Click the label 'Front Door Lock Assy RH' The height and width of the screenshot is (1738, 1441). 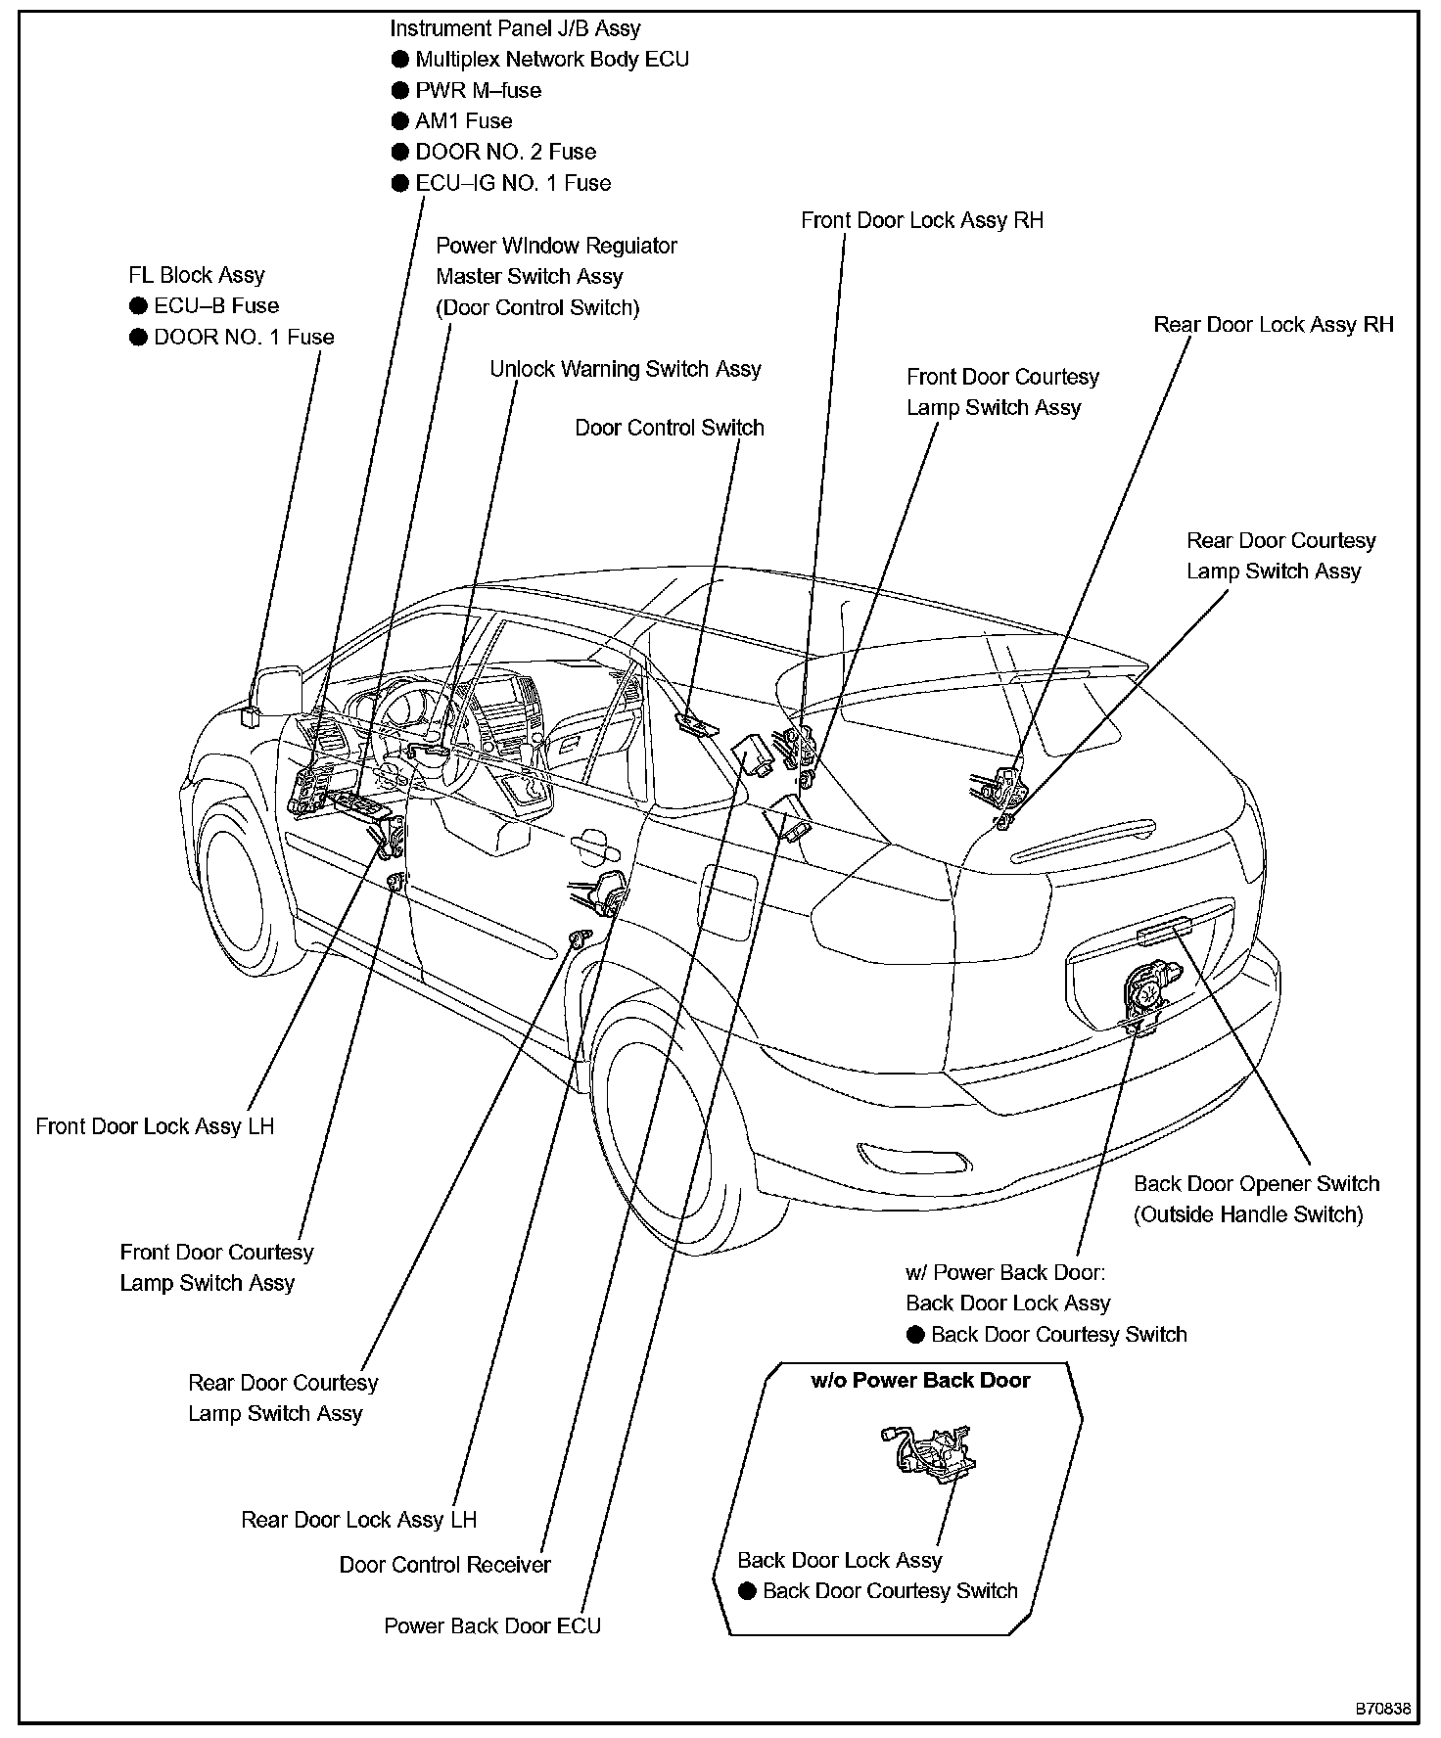pyautogui.click(x=921, y=220)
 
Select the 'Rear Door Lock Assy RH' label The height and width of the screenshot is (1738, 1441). pyautogui.click(x=1273, y=325)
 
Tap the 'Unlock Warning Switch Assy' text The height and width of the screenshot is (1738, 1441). pyautogui.click(x=625, y=369)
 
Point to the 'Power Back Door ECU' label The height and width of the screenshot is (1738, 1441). pyautogui.click(x=491, y=1626)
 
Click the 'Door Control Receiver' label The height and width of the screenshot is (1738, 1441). pyautogui.click(x=444, y=1565)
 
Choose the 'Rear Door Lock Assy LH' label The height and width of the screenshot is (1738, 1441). pyautogui.click(x=358, y=1520)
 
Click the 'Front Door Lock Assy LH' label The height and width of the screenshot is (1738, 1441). pyautogui.click(x=155, y=1126)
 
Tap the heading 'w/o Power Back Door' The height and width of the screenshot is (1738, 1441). pyautogui.click(x=920, y=1381)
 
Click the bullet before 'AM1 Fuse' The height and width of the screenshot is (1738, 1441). pyautogui.click(x=399, y=121)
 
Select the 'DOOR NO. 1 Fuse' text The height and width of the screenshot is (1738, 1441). pyautogui.click(x=244, y=337)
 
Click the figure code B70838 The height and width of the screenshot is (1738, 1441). pyautogui.click(x=1382, y=1709)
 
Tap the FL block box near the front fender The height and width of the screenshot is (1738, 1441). pyautogui.click(x=252, y=715)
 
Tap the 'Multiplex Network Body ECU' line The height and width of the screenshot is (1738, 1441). pyautogui.click(x=551, y=60)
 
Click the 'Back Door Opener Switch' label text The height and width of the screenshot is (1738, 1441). pyautogui.click(x=1256, y=1183)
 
